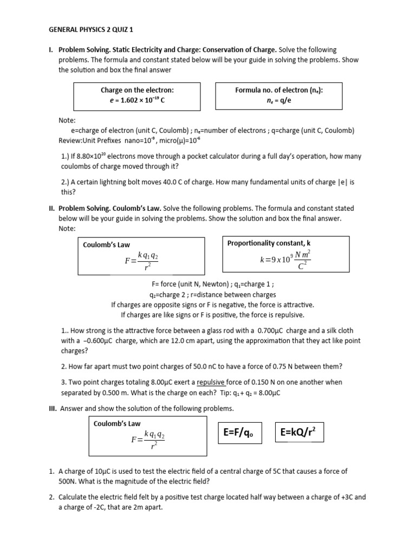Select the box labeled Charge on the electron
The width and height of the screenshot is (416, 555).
pyautogui.click(x=137, y=95)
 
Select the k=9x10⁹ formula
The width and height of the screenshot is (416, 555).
pyautogui.click(x=285, y=260)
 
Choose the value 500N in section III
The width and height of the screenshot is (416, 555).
pyautogui.click(x=69, y=481)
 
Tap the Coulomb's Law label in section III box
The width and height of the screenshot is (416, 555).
pyautogui.click(x=118, y=423)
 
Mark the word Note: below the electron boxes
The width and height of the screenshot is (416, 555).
pyautogui.click(x=67, y=121)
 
